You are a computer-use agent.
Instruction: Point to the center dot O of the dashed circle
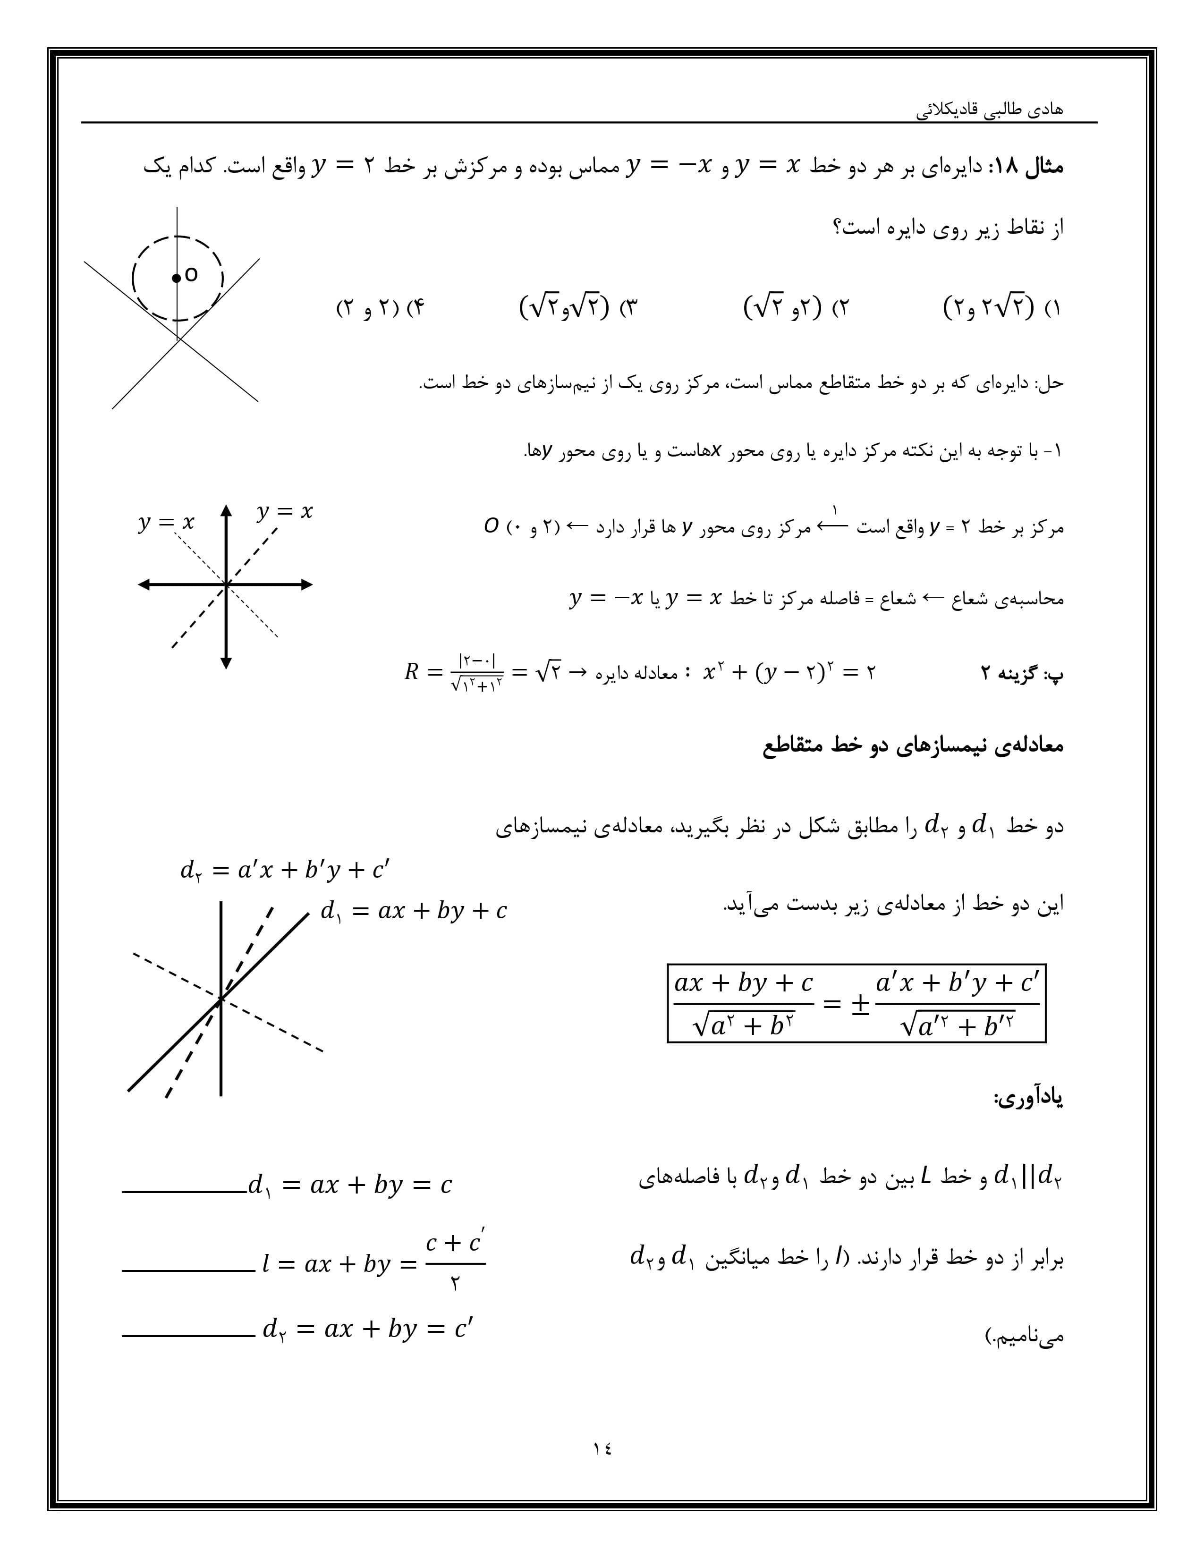click(176, 278)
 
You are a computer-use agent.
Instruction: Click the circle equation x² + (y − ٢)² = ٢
click(788, 672)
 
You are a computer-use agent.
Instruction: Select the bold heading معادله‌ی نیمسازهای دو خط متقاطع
click(913, 746)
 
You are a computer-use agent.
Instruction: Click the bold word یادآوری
click(1027, 1099)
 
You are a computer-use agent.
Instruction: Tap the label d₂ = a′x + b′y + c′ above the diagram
click(285, 870)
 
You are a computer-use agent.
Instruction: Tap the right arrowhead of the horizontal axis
click(307, 585)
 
